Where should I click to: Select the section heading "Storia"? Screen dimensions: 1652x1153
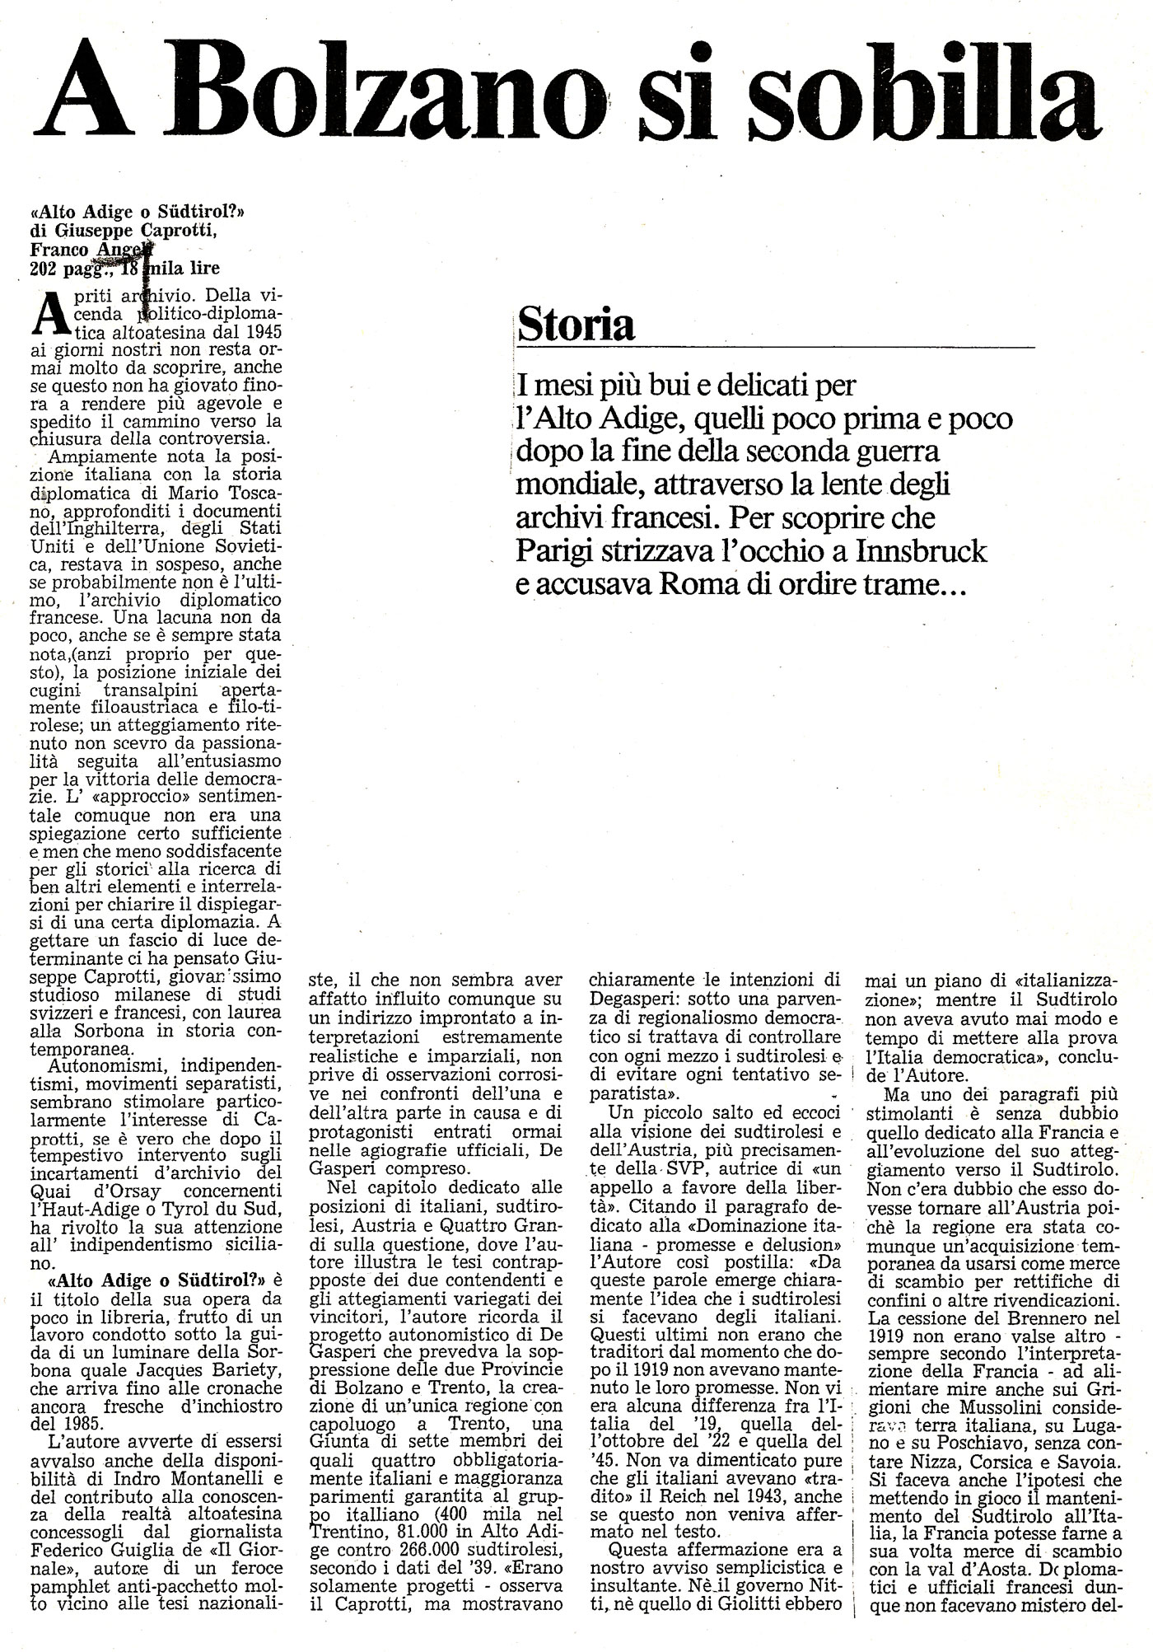click(575, 325)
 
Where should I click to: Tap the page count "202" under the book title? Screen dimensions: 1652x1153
click(43, 267)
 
